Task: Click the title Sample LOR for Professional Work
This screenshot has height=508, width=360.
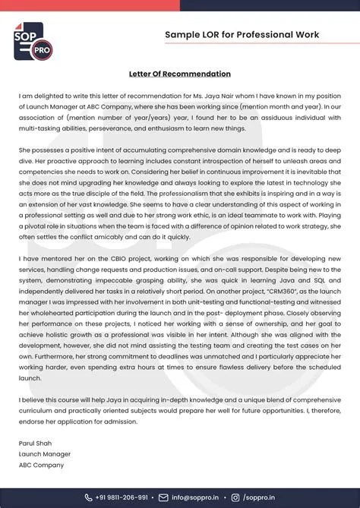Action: (x=242, y=35)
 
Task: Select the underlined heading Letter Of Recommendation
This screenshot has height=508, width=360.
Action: (x=180, y=74)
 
